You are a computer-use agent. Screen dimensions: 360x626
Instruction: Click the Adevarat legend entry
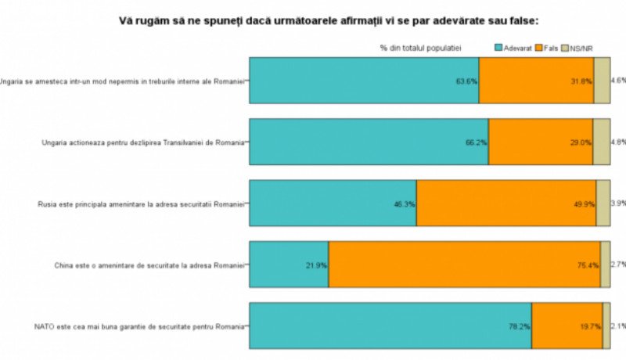click(513, 49)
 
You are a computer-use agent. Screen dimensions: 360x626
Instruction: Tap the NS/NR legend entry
click(579, 49)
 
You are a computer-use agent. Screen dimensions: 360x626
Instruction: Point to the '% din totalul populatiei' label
click(420, 49)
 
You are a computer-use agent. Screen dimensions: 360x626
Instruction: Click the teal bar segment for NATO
click(390, 325)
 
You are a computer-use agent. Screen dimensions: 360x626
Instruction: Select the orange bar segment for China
click(464, 264)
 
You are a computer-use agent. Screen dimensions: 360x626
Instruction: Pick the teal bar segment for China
click(288, 264)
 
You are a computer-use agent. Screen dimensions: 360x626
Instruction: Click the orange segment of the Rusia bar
click(505, 203)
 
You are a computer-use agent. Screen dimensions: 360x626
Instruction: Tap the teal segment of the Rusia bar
click(333, 203)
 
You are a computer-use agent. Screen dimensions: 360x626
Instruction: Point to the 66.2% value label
click(476, 142)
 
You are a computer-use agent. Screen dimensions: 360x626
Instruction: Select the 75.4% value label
click(588, 265)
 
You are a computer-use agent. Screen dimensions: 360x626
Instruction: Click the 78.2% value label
click(520, 326)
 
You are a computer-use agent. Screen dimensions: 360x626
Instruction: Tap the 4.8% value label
click(617, 142)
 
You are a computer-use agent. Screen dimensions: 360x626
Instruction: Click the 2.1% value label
click(617, 326)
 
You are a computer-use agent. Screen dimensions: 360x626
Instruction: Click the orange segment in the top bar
click(536, 81)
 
